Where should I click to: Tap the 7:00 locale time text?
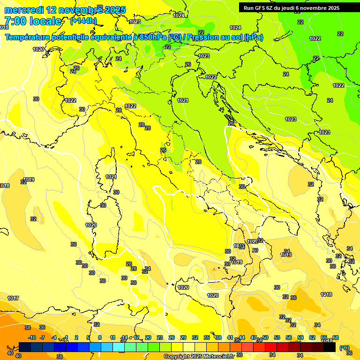coord(33,21)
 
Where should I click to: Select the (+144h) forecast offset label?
coord(83,21)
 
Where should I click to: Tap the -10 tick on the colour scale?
coord(32,337)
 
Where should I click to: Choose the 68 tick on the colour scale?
coord(336,337)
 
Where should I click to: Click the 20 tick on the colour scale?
coord(148,337)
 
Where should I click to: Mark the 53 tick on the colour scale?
coord(277,337)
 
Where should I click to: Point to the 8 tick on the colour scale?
coord(100,337)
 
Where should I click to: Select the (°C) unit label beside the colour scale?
coord(345,348)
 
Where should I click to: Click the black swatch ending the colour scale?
coord(330,347)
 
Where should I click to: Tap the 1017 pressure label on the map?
coord(13,298)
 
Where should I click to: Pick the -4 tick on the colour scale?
coord(54,337)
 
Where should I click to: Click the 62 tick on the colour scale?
coord(312,337)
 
